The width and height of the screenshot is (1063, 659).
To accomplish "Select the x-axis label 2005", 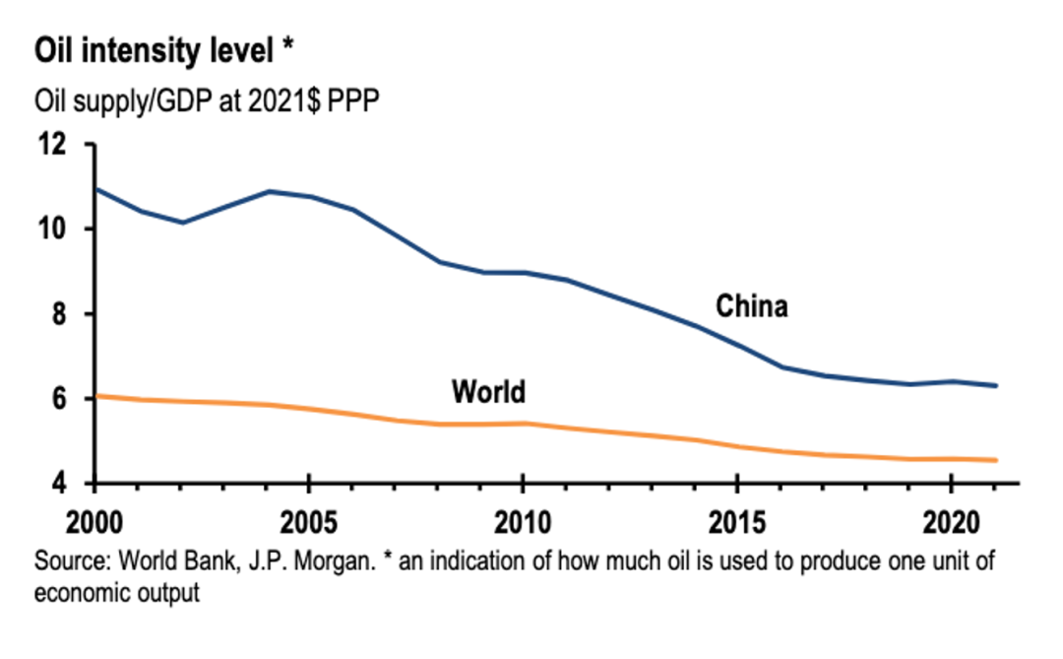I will (309, 519).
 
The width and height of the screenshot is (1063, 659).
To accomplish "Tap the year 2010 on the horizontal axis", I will (522, 519).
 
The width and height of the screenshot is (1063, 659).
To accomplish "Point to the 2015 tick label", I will (736, 519).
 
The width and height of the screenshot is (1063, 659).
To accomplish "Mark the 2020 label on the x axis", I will (950, 519).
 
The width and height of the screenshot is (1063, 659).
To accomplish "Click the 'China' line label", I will (751, 306).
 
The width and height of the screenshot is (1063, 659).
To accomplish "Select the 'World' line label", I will (488, 392).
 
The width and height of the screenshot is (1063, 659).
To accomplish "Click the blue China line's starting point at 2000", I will (95, 188).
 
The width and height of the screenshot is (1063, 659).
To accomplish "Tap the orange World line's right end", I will (997, 460).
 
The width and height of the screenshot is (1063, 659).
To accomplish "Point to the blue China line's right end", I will (997, 385).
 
